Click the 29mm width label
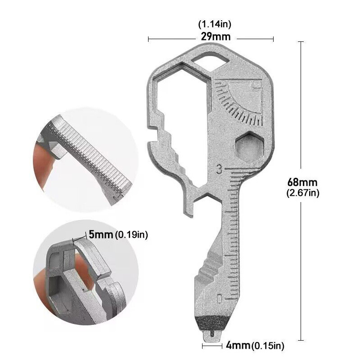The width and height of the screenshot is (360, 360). [x=216, y=37]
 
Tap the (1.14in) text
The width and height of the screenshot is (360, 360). [x=215, y=24]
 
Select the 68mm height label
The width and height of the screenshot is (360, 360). [x=302, y=182]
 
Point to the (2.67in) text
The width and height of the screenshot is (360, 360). [x=303, y=193]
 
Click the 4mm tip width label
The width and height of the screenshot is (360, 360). [x=238, y=345]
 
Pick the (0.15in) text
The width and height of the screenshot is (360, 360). [x=268, y=345]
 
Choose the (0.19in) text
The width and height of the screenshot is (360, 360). [x=131, y=234]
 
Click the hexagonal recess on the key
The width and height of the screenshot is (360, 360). [x=249, y=147]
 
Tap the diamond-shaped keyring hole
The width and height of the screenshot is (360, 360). [x=210, y=61]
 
